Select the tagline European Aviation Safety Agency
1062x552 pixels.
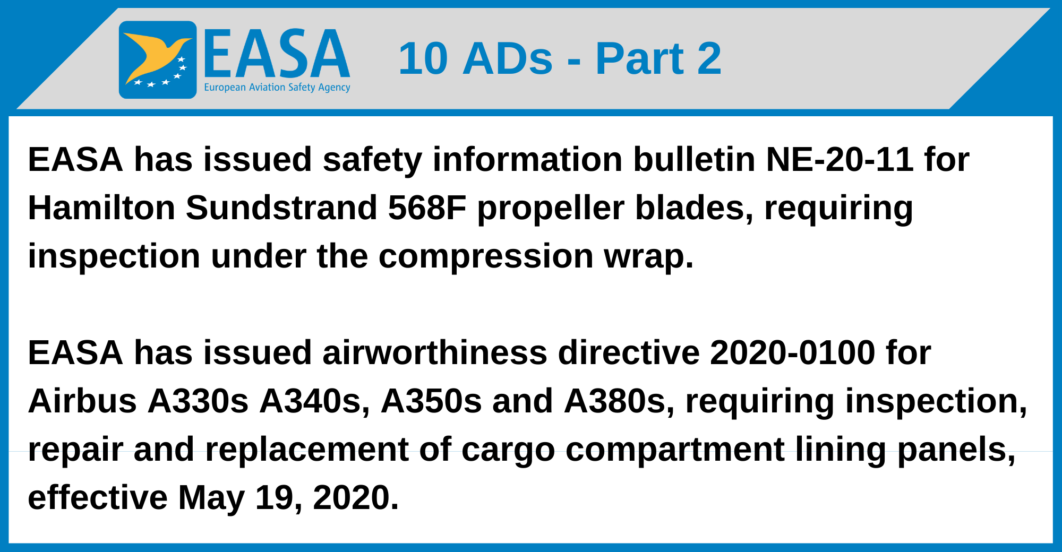coord(277,88)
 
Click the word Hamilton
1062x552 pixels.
coord(101,208)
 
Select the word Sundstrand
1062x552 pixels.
coord(281,208)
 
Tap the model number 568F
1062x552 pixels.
coord(427,208)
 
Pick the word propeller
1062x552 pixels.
coord(551,209)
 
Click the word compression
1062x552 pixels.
coord(485,257)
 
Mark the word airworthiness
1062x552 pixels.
coord(434,353)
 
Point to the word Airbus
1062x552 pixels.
coord(82,401)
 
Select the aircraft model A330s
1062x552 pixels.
coord(198,401)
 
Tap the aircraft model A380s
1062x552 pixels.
coord(619,401)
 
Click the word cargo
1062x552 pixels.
coord(508,451)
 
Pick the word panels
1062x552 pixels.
coord(956,450)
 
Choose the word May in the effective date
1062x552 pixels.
coord(211,498)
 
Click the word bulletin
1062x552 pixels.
coord(694,159)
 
